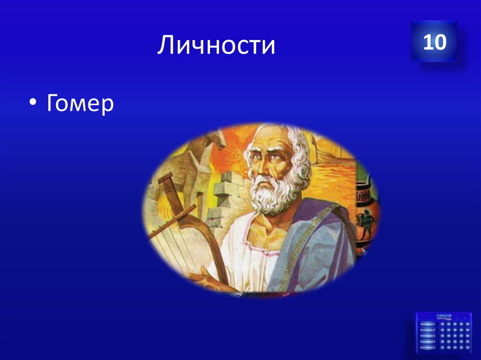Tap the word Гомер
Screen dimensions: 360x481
(x=80, y=103)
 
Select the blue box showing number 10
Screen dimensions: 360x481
(x=434, y=42)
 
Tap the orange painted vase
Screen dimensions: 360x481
(x=364, y=207)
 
